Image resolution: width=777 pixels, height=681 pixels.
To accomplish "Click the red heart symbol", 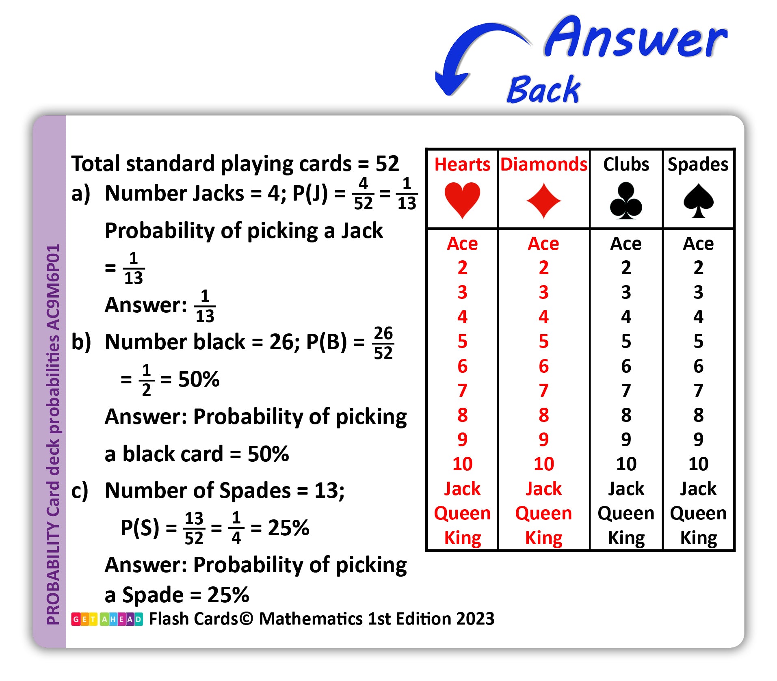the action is (462, 200).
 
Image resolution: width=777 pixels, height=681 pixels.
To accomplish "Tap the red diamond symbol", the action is (543, 201).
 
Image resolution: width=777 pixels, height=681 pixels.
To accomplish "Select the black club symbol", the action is (626, 200).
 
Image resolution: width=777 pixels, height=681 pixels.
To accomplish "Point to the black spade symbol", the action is (698, 201).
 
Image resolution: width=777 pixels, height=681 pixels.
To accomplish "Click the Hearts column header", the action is (462, 164).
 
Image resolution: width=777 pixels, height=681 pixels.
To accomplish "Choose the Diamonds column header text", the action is (543, 164).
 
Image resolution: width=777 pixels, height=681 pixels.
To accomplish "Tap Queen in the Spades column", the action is (698, 513).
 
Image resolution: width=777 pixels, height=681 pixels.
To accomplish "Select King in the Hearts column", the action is (462, 538).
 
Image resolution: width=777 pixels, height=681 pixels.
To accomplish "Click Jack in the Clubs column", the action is (626, 489).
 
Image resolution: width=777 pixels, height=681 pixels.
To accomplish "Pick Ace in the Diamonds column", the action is (543, 244).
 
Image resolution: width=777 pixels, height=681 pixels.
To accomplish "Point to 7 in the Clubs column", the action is (626, 390).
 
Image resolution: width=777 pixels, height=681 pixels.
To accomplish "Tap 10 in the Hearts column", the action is (462, 464).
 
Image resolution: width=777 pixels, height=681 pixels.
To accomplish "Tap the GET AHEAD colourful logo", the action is (107, 619).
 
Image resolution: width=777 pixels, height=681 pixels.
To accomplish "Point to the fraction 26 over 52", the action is (383, 343).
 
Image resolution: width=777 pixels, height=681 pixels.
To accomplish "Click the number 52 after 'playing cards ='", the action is (387, 164).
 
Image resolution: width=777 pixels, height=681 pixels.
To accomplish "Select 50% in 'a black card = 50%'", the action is (268, 454).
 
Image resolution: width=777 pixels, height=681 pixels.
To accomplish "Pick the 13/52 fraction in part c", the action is (194, 528).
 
